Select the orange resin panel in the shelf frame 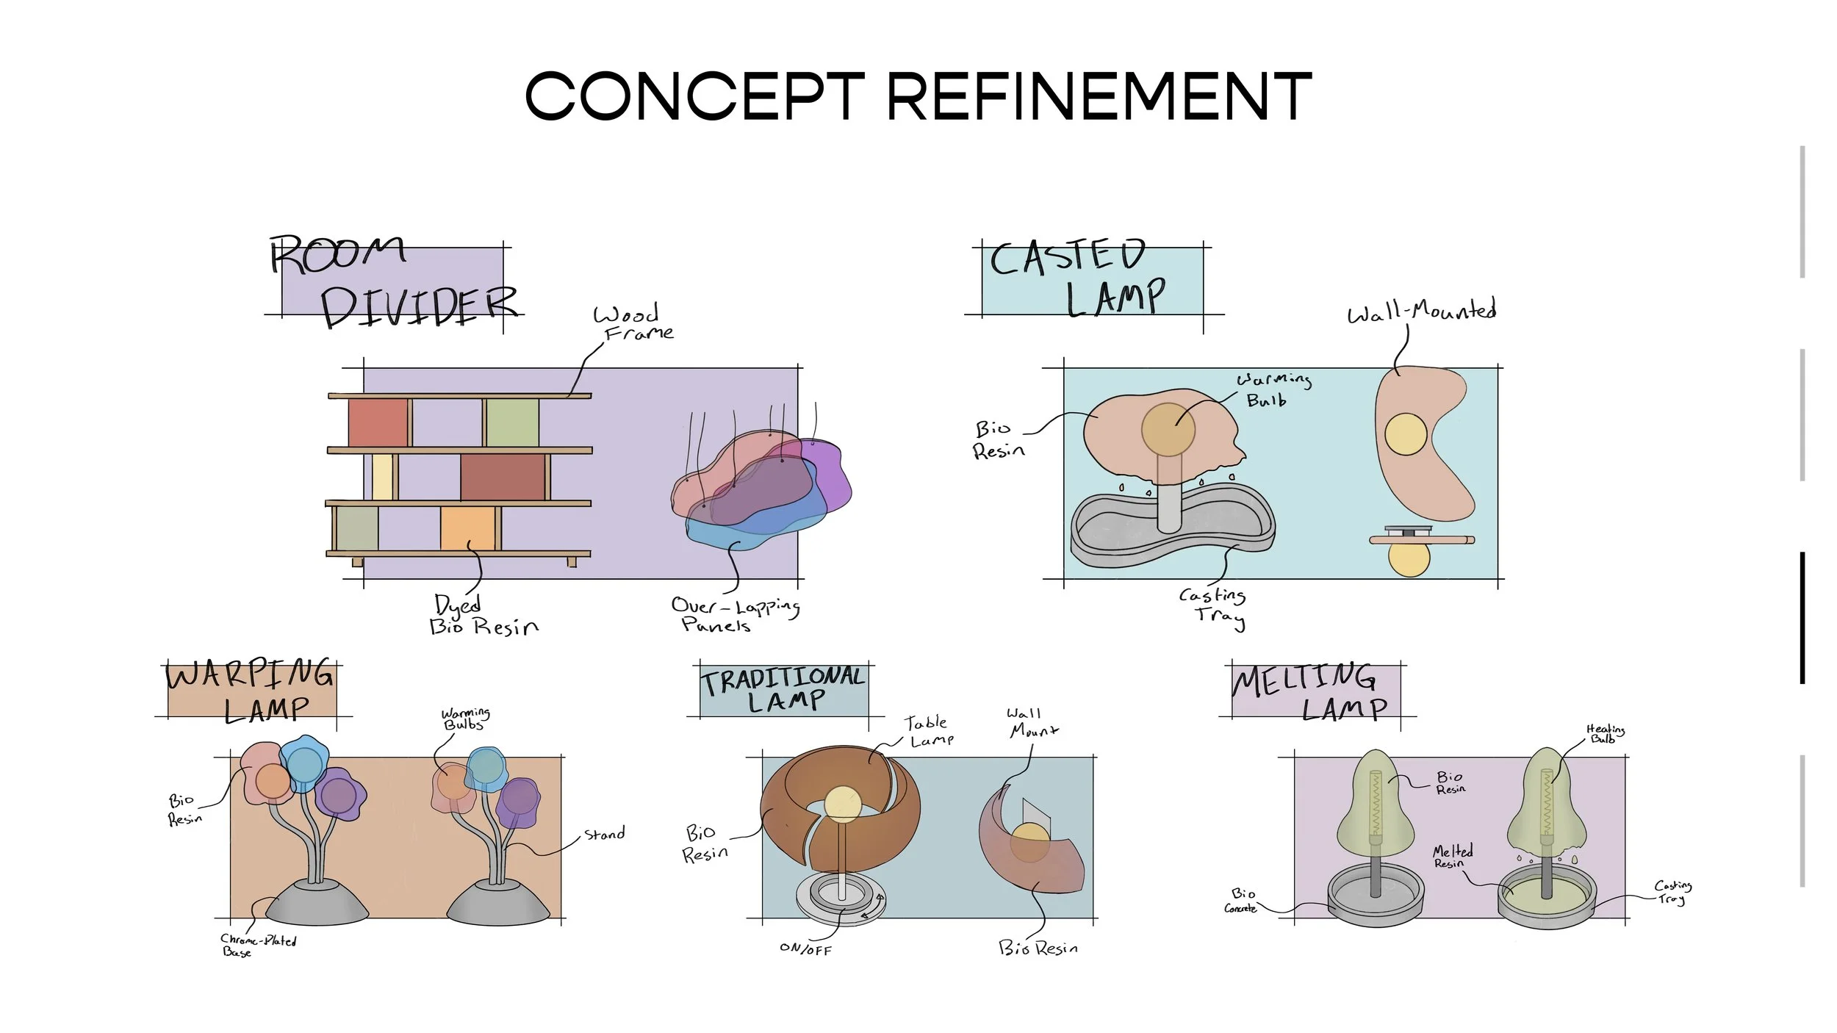click(x=467, y=528)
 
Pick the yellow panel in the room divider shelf click(x=382, y=477)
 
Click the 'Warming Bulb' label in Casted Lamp click(x=1273, y=389)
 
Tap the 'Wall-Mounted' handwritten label click(x=1421, y=312)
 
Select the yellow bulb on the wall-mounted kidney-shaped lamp click(x=1405, y=433)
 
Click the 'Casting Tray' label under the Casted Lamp click(x=1214, y=606)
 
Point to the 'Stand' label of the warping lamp click(x=604, y=834)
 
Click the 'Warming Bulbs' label click(x=464, y=719)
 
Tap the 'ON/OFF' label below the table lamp click(x=805, y=949)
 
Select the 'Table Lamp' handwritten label click(x=929, y=731)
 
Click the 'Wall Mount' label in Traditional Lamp click(x=1031, y=722)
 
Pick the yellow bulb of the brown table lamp click(x=842, y=803)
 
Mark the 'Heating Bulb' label click(x=1605, y=733)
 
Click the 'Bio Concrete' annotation click(x=1241, y=901)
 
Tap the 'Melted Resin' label click(x=1452, y=856)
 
